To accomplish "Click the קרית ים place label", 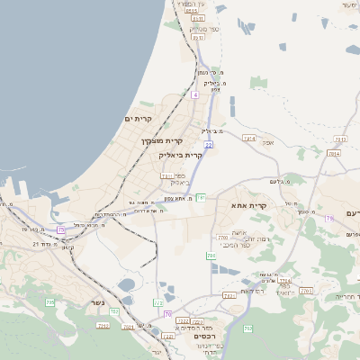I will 139,119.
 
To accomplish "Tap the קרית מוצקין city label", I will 162,140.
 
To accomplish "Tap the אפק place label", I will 267,142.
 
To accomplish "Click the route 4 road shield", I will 194,94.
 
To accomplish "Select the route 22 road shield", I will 208,144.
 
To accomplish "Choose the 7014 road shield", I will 334,154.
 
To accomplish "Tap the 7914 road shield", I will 284,281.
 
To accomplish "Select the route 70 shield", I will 167,313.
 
